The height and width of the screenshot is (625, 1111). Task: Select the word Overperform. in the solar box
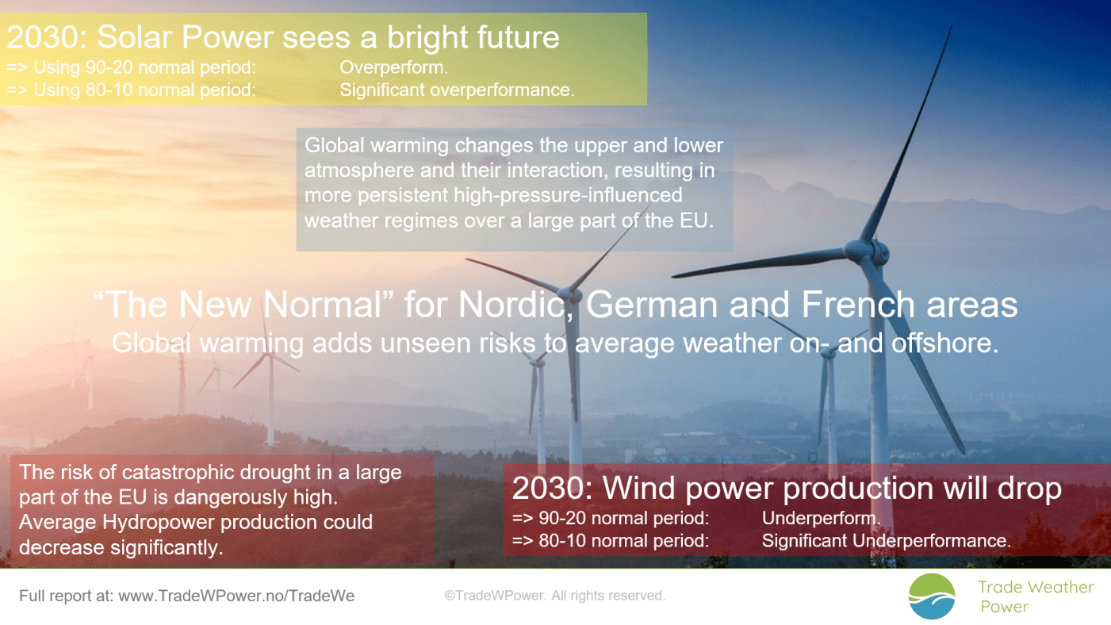pos(394,68)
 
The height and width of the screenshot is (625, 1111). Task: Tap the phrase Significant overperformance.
pos(456,90)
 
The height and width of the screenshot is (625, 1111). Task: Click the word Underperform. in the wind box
pos(822,519)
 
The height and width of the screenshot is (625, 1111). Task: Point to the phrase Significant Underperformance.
pos(887,541)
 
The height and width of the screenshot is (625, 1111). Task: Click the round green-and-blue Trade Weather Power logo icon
pos(932,596)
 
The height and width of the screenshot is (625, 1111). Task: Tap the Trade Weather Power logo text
pos(1036,596)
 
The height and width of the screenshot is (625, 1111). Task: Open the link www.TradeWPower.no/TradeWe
pos(236,596)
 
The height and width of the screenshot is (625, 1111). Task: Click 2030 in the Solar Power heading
pos(44,36)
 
